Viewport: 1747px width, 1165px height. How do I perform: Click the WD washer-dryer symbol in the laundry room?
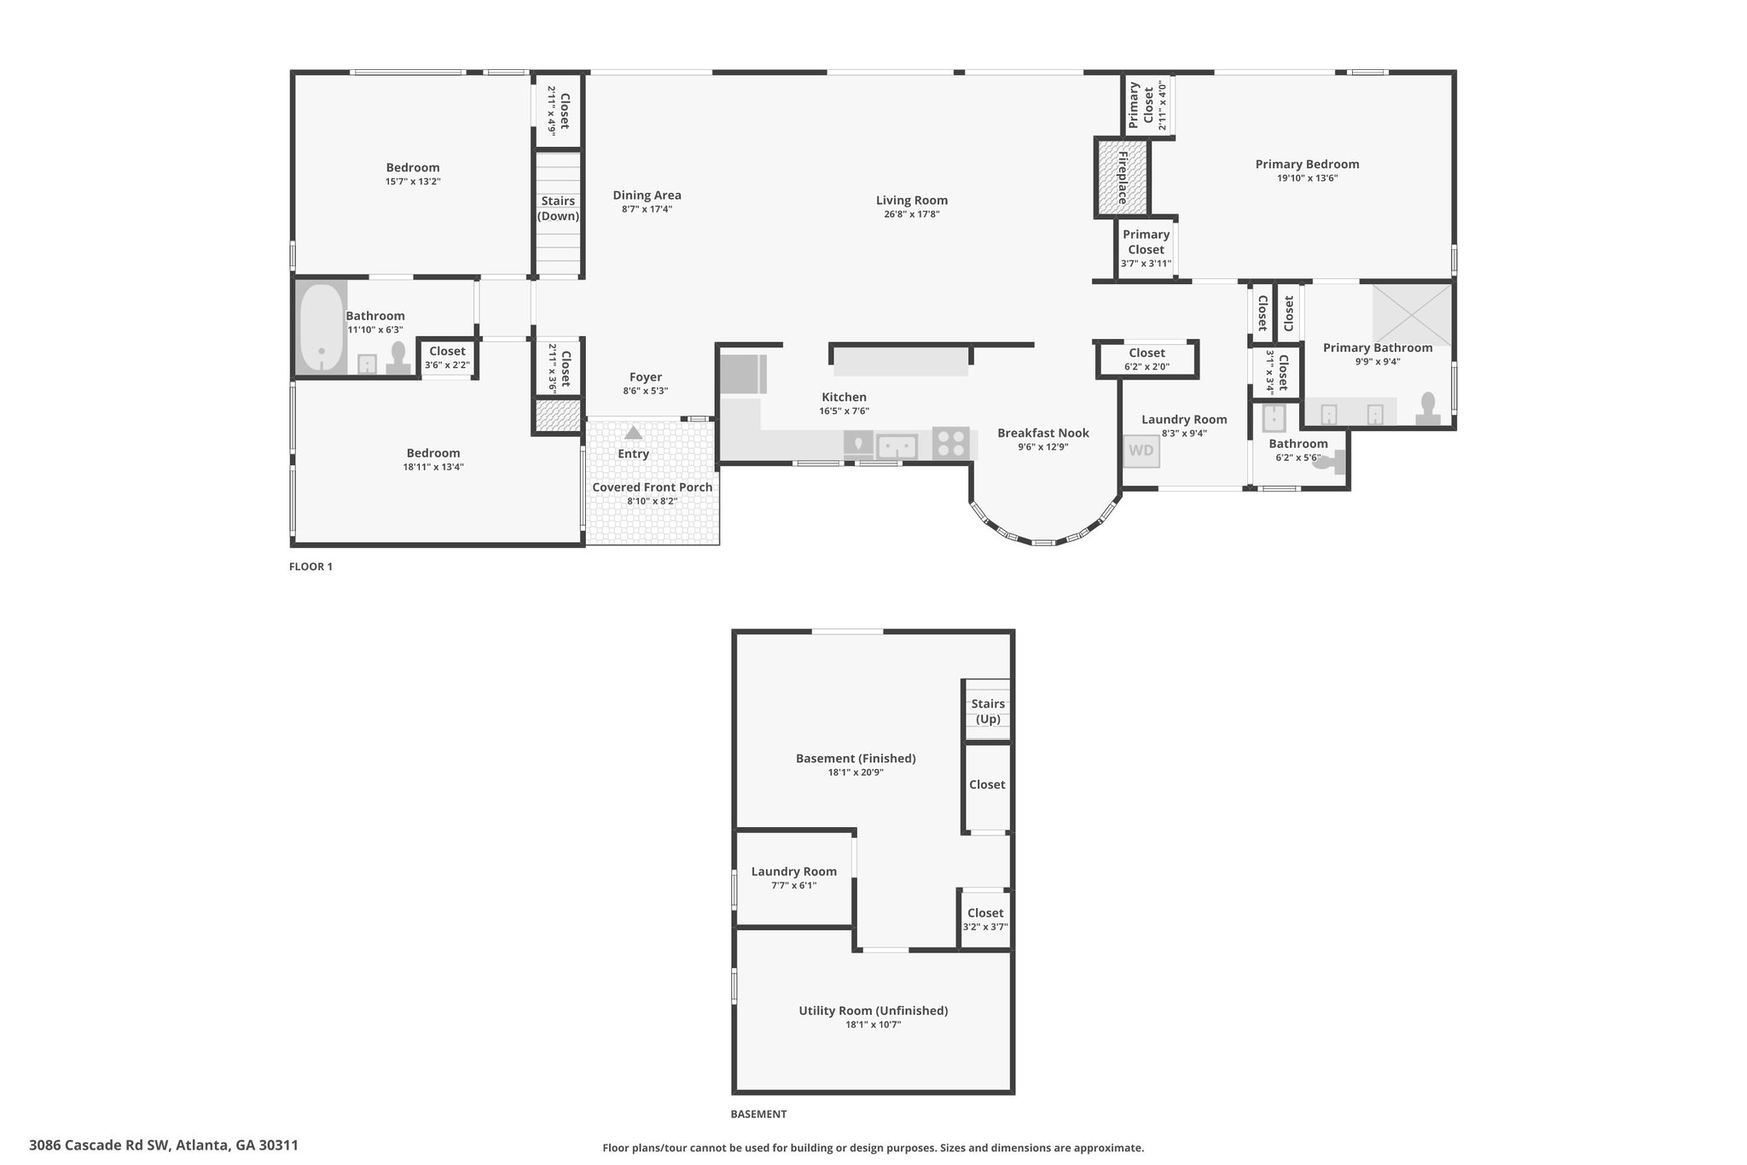point(1141,450)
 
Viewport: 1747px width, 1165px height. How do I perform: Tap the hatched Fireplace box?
point(1122,178)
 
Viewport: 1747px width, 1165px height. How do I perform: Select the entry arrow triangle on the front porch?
point(633,433)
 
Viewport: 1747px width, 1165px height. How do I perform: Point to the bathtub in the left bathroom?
point(321,327)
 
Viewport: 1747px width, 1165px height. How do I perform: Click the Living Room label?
point(912,201)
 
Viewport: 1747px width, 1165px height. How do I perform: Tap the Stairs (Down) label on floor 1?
point(558,208)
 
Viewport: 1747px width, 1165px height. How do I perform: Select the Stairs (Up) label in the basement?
point(988,711)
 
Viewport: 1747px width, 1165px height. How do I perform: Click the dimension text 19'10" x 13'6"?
point(1307,178)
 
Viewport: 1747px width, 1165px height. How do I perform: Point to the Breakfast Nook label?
point(1043,433)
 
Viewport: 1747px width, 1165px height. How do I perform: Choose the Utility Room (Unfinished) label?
point(873,1011)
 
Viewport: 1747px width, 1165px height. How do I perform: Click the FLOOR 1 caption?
point(311,567)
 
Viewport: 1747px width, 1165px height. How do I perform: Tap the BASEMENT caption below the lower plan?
point(758,1114)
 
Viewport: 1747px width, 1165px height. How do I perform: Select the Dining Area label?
point(647,195)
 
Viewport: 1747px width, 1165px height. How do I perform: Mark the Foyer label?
point(646,377)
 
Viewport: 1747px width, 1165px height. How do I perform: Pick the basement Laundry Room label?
point(794,871)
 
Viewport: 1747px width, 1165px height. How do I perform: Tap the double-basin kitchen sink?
point(897,446)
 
